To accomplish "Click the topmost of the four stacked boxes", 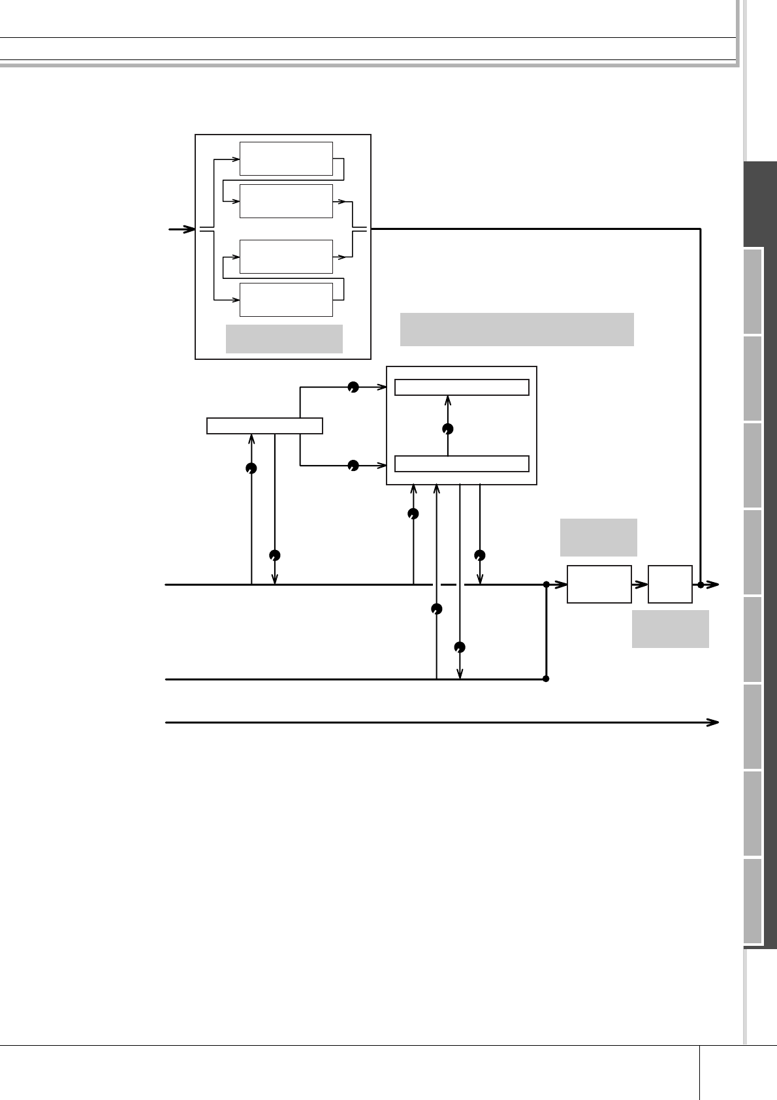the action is pos(286,159).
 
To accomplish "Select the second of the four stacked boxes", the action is pos(286,201).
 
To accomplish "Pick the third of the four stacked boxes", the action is pos(286,257).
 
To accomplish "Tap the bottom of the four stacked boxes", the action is pos(286,300).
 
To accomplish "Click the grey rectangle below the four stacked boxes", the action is pos(284,338).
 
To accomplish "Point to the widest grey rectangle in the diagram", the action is pos(516,329).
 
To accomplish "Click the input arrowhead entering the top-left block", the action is pos(189,229).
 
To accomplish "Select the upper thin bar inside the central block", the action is pos(462,387).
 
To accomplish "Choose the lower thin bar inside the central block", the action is pos(462,464).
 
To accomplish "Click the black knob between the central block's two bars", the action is pos(447,429).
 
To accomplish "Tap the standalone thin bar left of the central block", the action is pos(264,426).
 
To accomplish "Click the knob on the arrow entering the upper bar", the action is pos(353,387).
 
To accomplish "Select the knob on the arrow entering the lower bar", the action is pos(353,465).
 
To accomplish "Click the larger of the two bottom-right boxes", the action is pos(599,584).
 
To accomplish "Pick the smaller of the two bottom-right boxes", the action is pos(670,584).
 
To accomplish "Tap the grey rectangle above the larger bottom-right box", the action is pos(598,537).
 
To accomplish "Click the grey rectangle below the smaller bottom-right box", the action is pos(670,628).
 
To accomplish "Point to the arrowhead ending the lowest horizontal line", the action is pos(714,722).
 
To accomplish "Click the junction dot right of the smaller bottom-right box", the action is pos(700,585).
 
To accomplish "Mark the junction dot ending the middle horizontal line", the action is pos(546,679).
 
